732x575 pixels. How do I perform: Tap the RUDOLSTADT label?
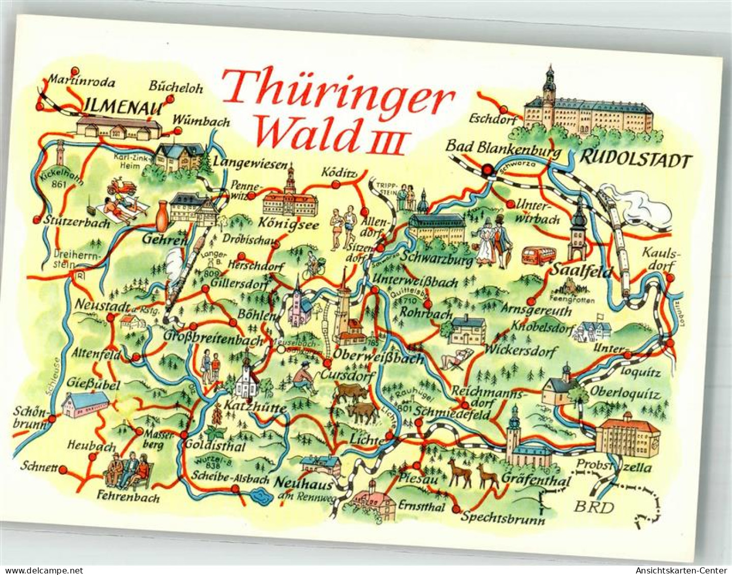[636, 161]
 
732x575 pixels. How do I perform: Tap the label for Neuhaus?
[303, 482]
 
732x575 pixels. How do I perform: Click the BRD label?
[594, 506]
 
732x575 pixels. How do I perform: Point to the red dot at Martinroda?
[75, 71]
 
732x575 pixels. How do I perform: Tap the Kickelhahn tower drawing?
[60, 153]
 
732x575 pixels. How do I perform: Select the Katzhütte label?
[251, 409]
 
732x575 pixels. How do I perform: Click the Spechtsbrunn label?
[503, 518]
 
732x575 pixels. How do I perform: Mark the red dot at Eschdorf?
[503, 109]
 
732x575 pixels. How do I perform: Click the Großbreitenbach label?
[214, 338]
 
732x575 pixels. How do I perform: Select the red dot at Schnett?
[63, 469]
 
